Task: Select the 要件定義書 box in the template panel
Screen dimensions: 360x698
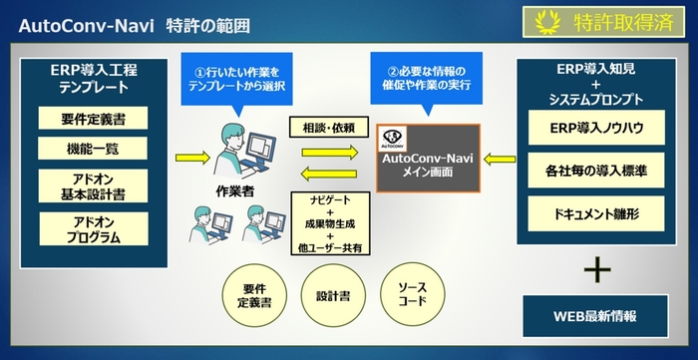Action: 93,119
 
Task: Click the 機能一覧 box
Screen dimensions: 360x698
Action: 93,150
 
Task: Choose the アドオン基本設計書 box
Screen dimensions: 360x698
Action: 93,186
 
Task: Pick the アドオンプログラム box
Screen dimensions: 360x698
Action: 93,229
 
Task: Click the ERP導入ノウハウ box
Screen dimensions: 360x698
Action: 597,130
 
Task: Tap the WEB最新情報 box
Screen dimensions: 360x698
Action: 597,315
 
